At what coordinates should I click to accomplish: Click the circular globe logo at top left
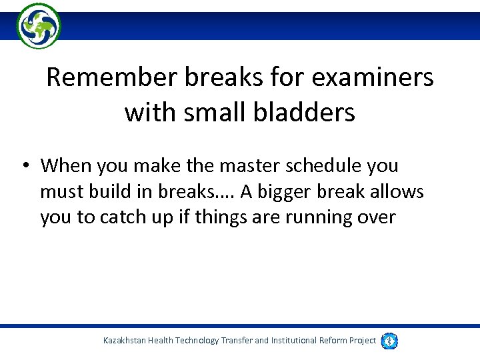(39, 25)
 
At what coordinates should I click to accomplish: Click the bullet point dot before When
(24, 166)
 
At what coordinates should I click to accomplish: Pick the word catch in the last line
(126, 217)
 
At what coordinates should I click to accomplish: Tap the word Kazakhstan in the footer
(127, 341)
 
